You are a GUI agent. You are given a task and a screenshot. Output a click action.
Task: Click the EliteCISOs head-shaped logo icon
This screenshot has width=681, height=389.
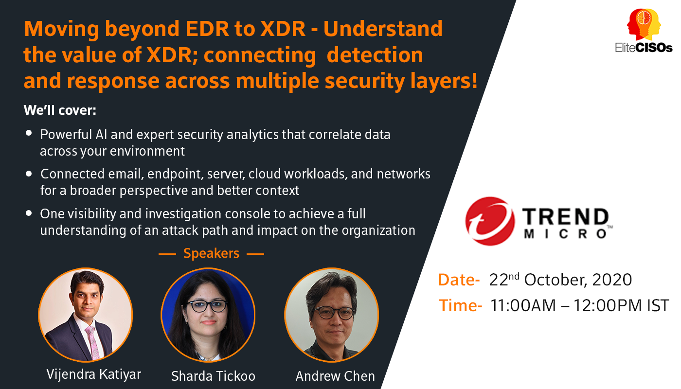pyautogui.click(x=644, y=25)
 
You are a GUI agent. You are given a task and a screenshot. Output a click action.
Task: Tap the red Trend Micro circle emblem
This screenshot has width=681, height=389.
pyautogui.click(x=490, y=221)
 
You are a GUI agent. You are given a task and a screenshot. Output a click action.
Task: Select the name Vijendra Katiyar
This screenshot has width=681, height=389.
pyautogui.click(x=93, y=374)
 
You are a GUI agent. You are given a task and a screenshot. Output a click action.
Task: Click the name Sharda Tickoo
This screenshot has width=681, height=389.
pyautogui.click(x=213, y=376)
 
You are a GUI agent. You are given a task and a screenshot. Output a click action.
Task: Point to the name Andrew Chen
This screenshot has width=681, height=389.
pyautogui.click(x=335, y=376)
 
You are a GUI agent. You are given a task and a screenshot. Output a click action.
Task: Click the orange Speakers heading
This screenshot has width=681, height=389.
pyautogui.click(x=211, y=253)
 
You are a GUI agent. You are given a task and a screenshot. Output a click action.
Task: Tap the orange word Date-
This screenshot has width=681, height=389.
pyautogui.click(x=459, y=280)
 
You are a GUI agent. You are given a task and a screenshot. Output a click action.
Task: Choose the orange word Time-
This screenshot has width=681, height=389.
pyautogui.click(x=460, y=305)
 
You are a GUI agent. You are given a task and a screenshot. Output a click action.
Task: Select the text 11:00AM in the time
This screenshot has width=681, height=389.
pyautogui.click(x=523, y=305)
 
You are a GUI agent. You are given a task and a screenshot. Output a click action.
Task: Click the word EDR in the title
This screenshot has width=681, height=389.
pyautogui.click(x=207, y=29)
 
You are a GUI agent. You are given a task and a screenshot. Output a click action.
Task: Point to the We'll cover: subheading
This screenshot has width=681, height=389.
pyautogui.click(x=60, y=110)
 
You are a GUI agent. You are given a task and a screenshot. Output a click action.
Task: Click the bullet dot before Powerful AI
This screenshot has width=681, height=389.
pyautogui.click(x=29, y=133)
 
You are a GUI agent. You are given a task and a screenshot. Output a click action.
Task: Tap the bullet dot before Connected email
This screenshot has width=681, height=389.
pyautogui.click(x=29, y=174)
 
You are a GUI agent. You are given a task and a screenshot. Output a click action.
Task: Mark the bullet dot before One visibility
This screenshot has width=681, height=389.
pyautogui.click(x=29, y=213)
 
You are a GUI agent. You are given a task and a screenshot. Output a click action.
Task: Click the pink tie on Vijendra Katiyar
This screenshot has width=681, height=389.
pyautogui.click(x=93, y=342)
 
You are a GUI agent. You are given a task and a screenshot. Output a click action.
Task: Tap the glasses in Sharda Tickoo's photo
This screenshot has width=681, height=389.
pyautogui.click(x=207, y=306)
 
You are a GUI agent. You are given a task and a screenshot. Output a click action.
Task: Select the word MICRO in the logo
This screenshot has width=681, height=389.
pyautogui.click(x=565, y=234)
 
